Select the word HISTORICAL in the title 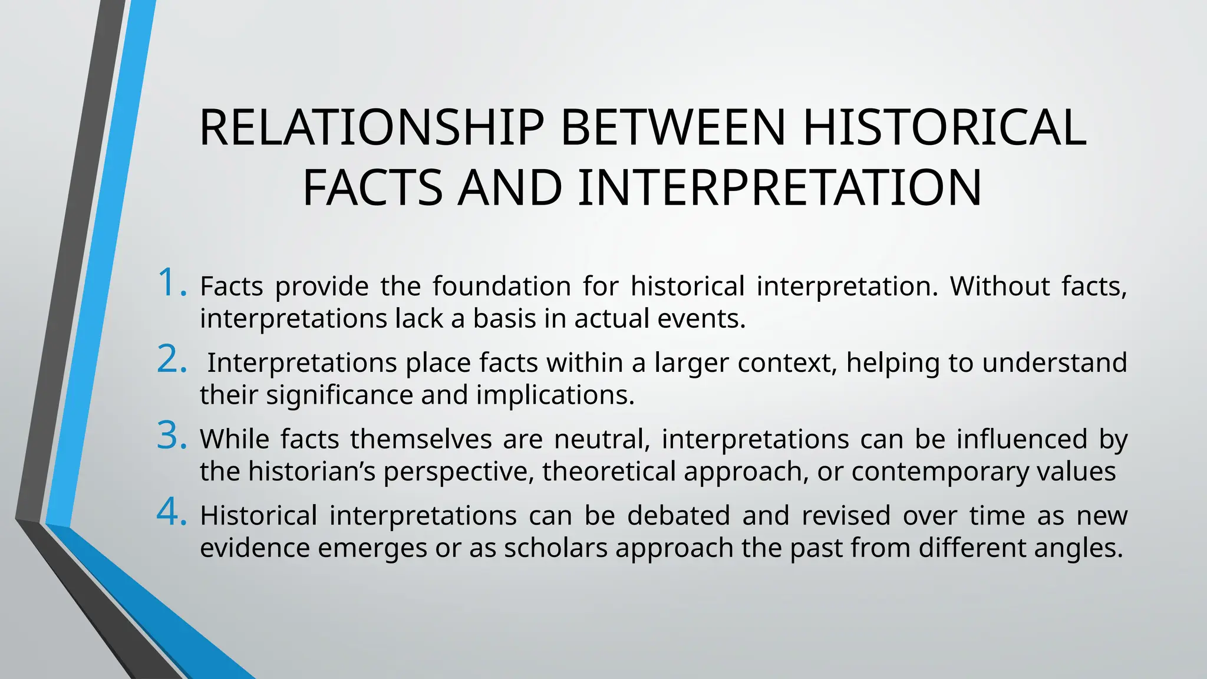(x=944, y=128)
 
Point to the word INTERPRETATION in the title (x=780, y=188)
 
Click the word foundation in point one (x=502, y=286)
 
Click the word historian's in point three (x=311, y=472)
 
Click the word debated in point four (x=678, y=516)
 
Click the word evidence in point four (x=255, y=548)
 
